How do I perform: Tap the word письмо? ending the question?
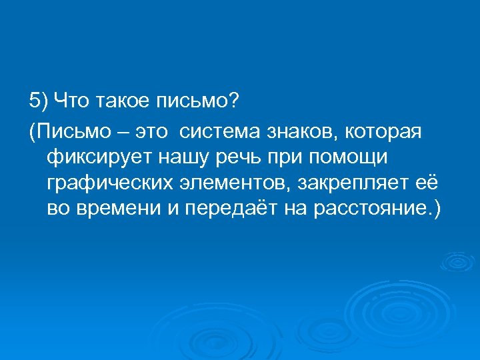coord(200,101)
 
